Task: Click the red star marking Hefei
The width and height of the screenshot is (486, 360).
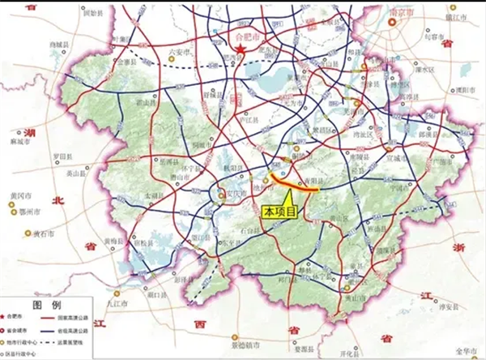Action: tap(242, 51)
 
